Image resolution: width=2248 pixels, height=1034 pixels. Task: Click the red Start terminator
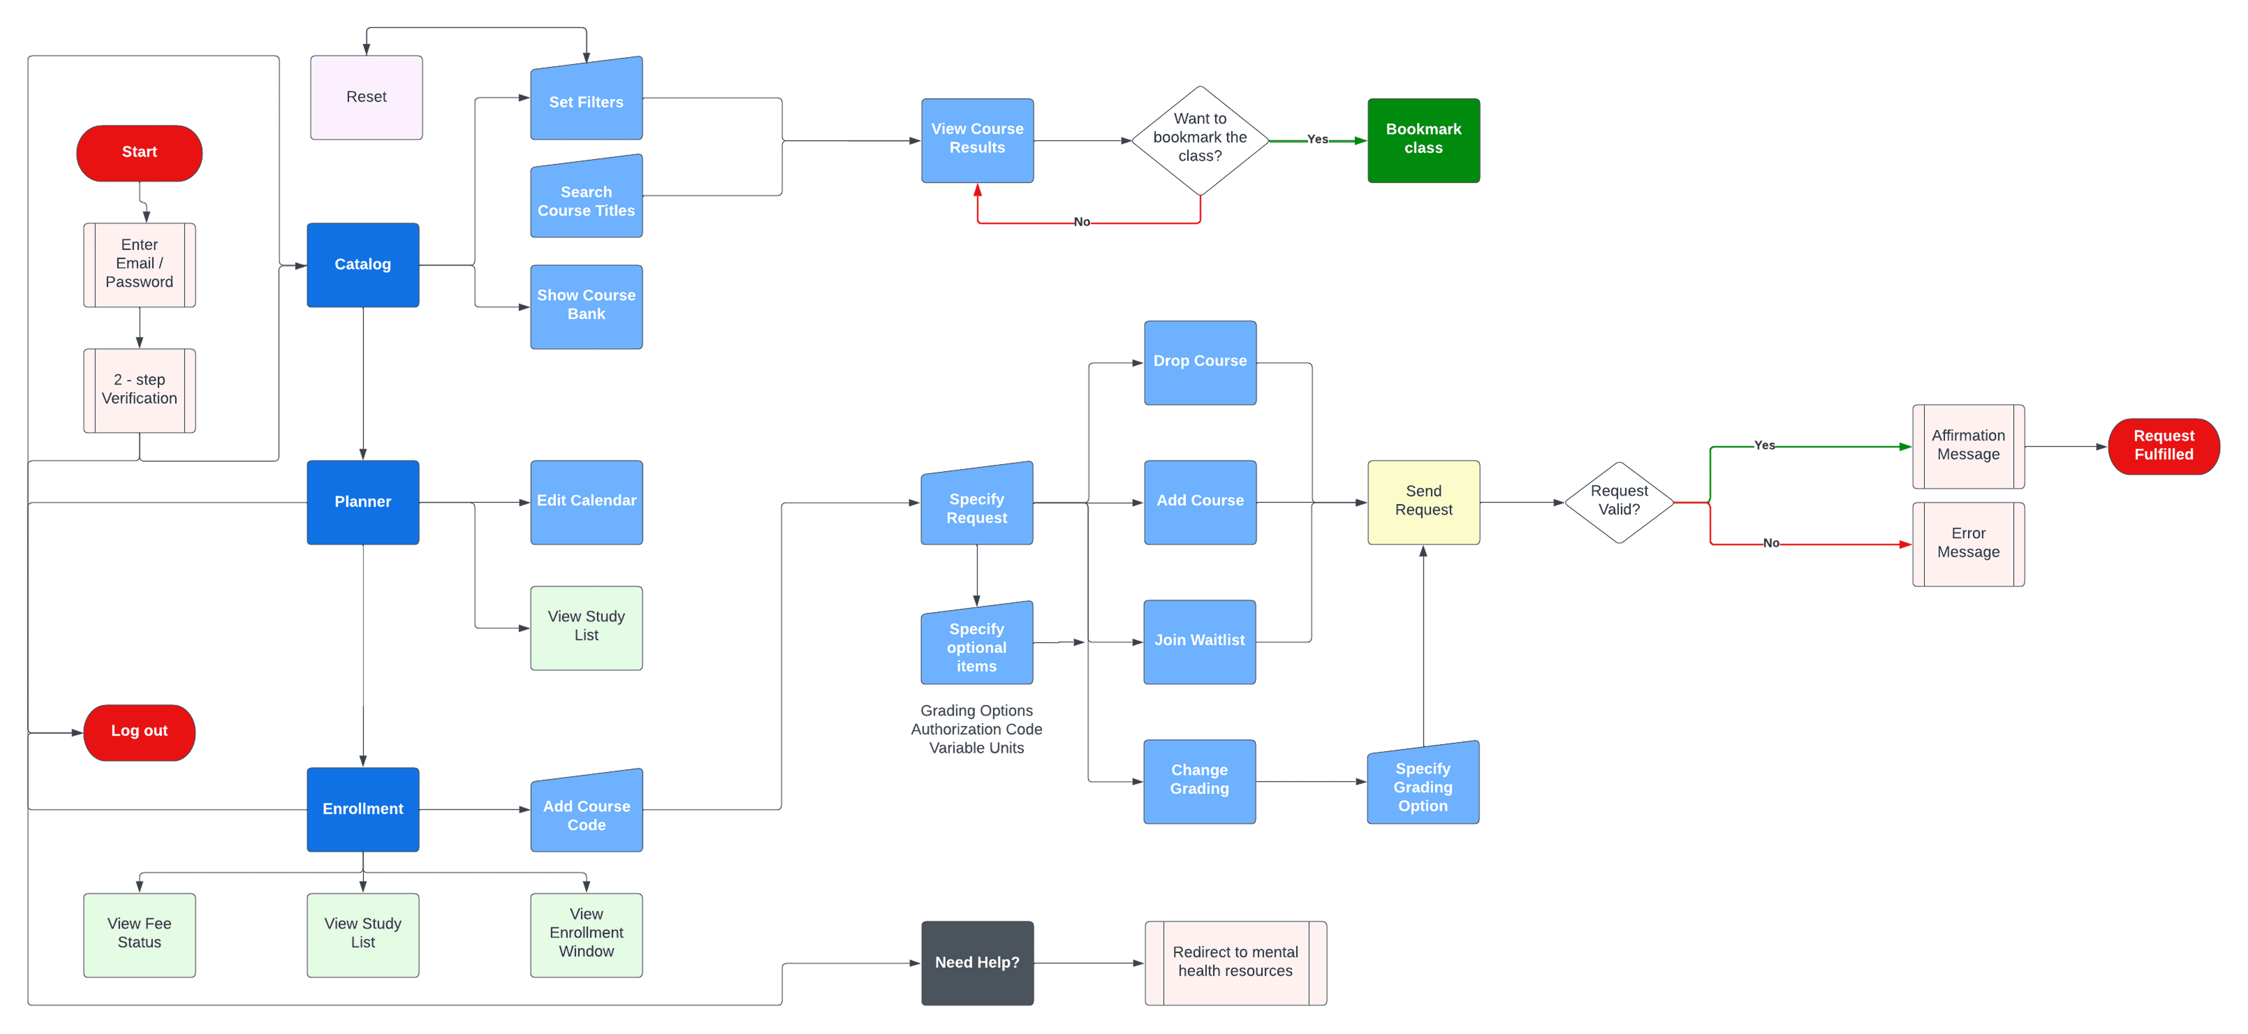coord(140,153)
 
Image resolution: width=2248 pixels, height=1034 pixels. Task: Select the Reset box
coord(366,97)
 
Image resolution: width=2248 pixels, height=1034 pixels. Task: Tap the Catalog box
coord(363,264)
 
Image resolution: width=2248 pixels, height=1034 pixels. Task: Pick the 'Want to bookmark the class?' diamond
coord(1200,140)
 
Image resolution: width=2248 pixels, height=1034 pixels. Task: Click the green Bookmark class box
coord(1423,140)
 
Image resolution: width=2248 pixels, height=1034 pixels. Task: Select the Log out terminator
coord(140,732)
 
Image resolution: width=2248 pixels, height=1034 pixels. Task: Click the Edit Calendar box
coord(586,502)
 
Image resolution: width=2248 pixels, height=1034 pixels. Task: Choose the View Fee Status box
coord(140,934)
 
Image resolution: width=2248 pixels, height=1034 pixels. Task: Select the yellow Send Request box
coord(1423,502)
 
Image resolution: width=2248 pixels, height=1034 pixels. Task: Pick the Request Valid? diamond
coord(1619,502)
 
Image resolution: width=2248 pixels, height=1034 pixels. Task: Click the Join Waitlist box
coord(1200,641)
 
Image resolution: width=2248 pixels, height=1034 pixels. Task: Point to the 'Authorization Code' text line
coord(976,730)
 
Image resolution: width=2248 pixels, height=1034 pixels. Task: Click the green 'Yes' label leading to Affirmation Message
coord(1764,445)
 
